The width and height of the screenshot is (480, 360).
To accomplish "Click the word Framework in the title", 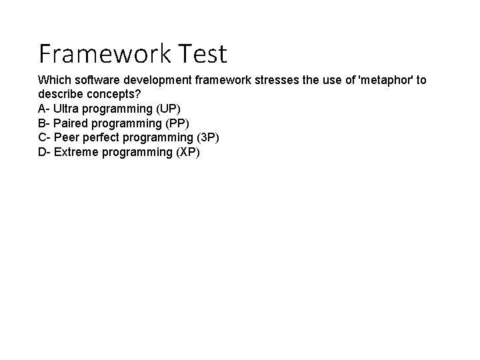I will (101, 53).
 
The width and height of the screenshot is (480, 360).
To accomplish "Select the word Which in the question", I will (53, 80).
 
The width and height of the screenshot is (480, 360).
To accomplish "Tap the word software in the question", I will (93, 80).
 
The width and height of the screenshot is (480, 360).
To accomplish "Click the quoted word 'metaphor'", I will (386, 80).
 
